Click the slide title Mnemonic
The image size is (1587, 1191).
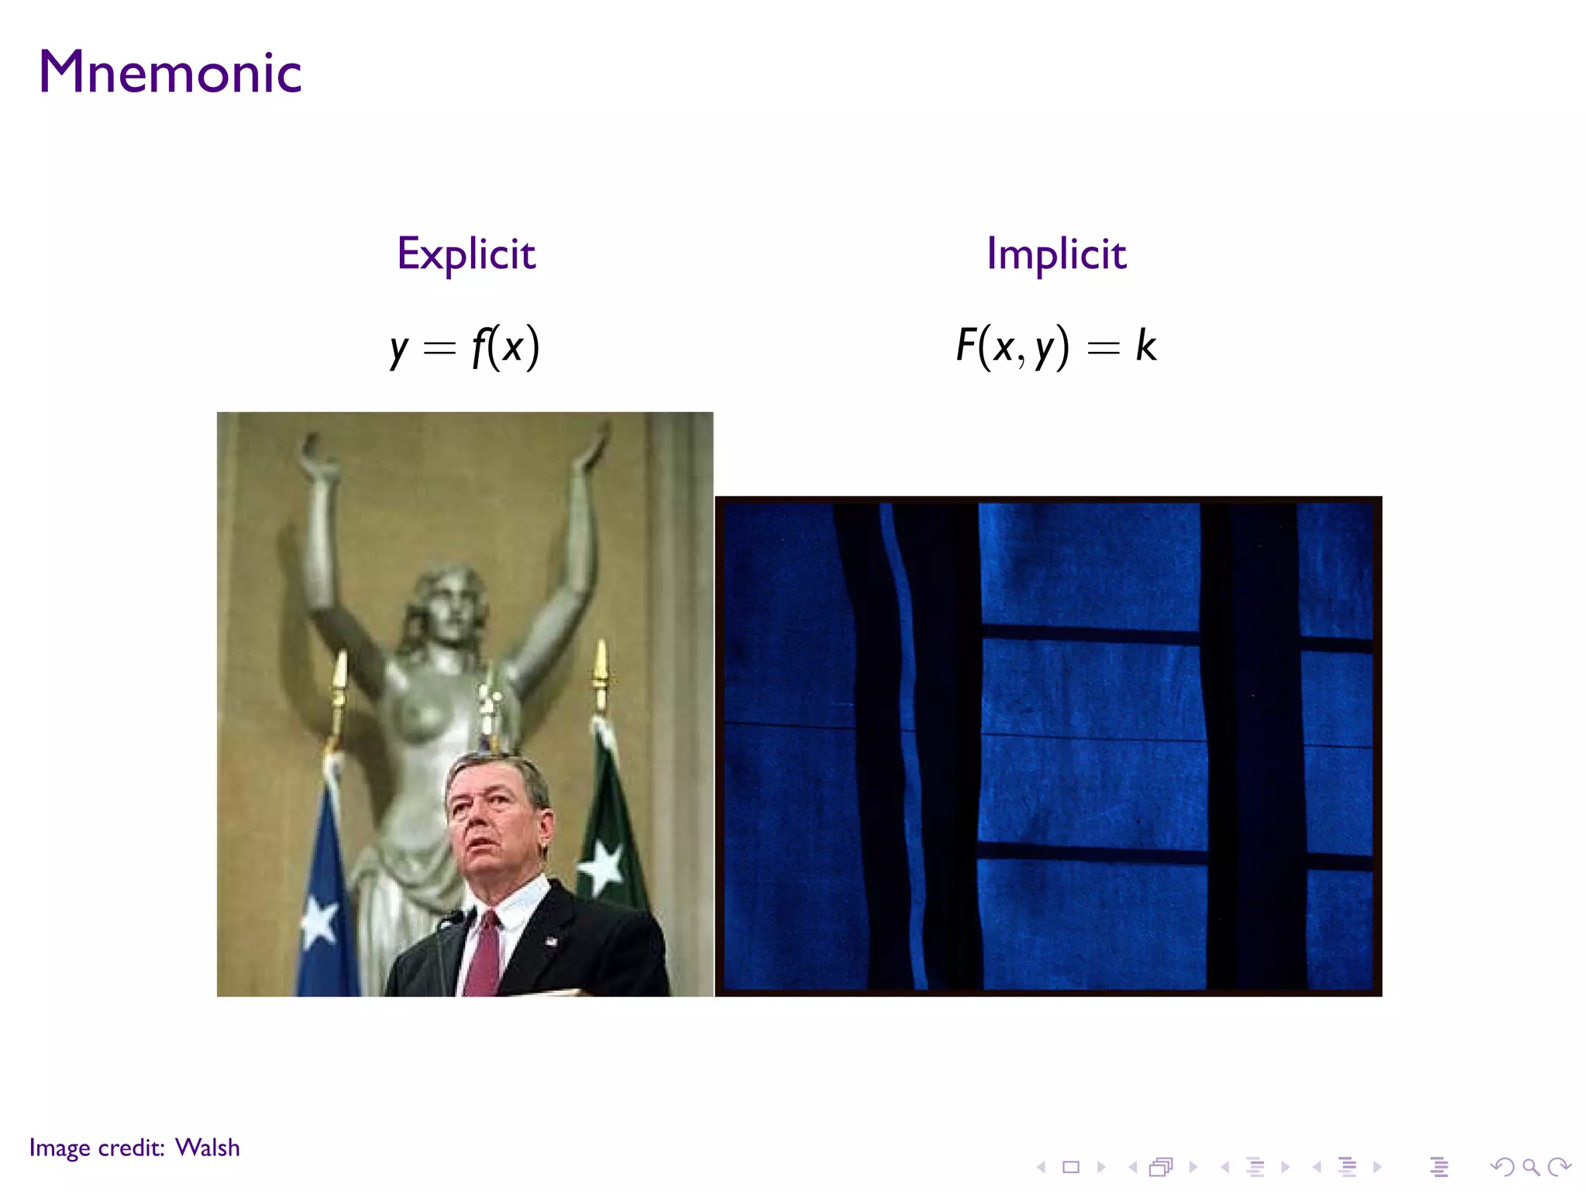click(170, 72)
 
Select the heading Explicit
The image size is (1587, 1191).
click(466, 254)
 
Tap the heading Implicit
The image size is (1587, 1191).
click(1056, 254)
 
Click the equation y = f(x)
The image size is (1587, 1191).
click(465, 347)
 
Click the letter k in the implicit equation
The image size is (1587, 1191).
click(1145, 345)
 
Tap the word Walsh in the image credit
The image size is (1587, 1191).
click(208, 1148)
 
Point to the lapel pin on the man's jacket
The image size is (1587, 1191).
click(551, 941)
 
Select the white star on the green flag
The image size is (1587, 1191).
click(602, 866)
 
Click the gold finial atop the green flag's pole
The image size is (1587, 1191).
click(601, 667)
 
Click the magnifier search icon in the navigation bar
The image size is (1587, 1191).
click(1530, 1167)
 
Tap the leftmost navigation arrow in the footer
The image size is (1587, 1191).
click(1041, 1167)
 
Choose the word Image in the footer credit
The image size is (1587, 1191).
click(60, 1148)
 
